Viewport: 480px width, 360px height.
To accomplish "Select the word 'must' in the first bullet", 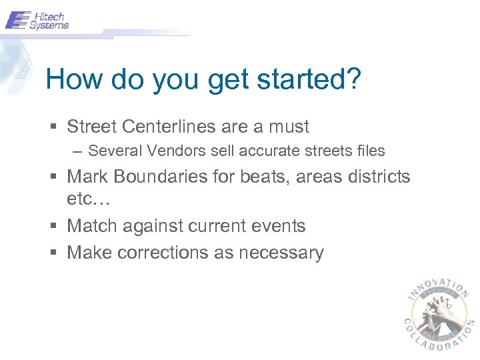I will coord(288,127).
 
